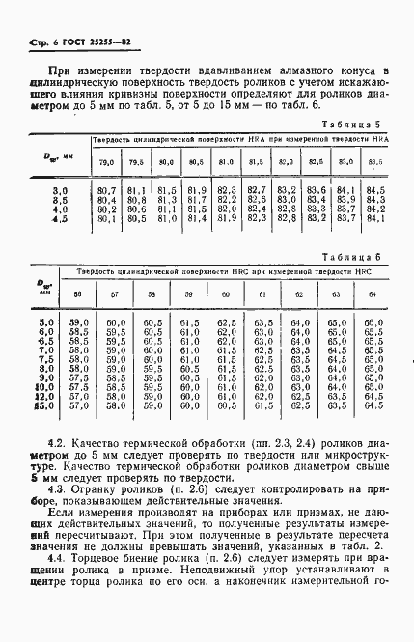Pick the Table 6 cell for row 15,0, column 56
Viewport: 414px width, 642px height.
(x=79, y=405)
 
